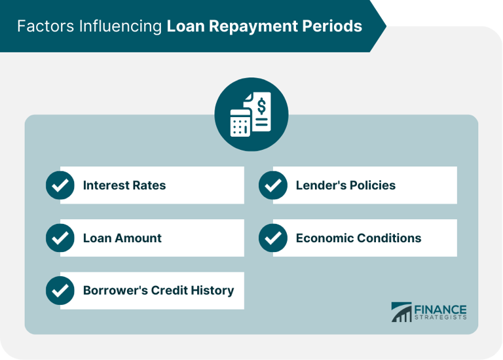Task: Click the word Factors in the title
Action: [44, 26]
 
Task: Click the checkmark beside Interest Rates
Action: [60, 185]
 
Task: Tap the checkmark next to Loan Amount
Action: [60, 238]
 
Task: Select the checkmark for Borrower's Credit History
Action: [60, 291]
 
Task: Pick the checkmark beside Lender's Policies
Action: [273, 185]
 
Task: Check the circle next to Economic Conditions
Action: [273, 238]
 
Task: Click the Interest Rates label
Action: [124, 185]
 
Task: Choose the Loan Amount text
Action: [122, 238]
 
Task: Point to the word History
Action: [212, 290]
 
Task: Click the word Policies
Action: [371, 185]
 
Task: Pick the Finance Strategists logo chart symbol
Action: [401, 312]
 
